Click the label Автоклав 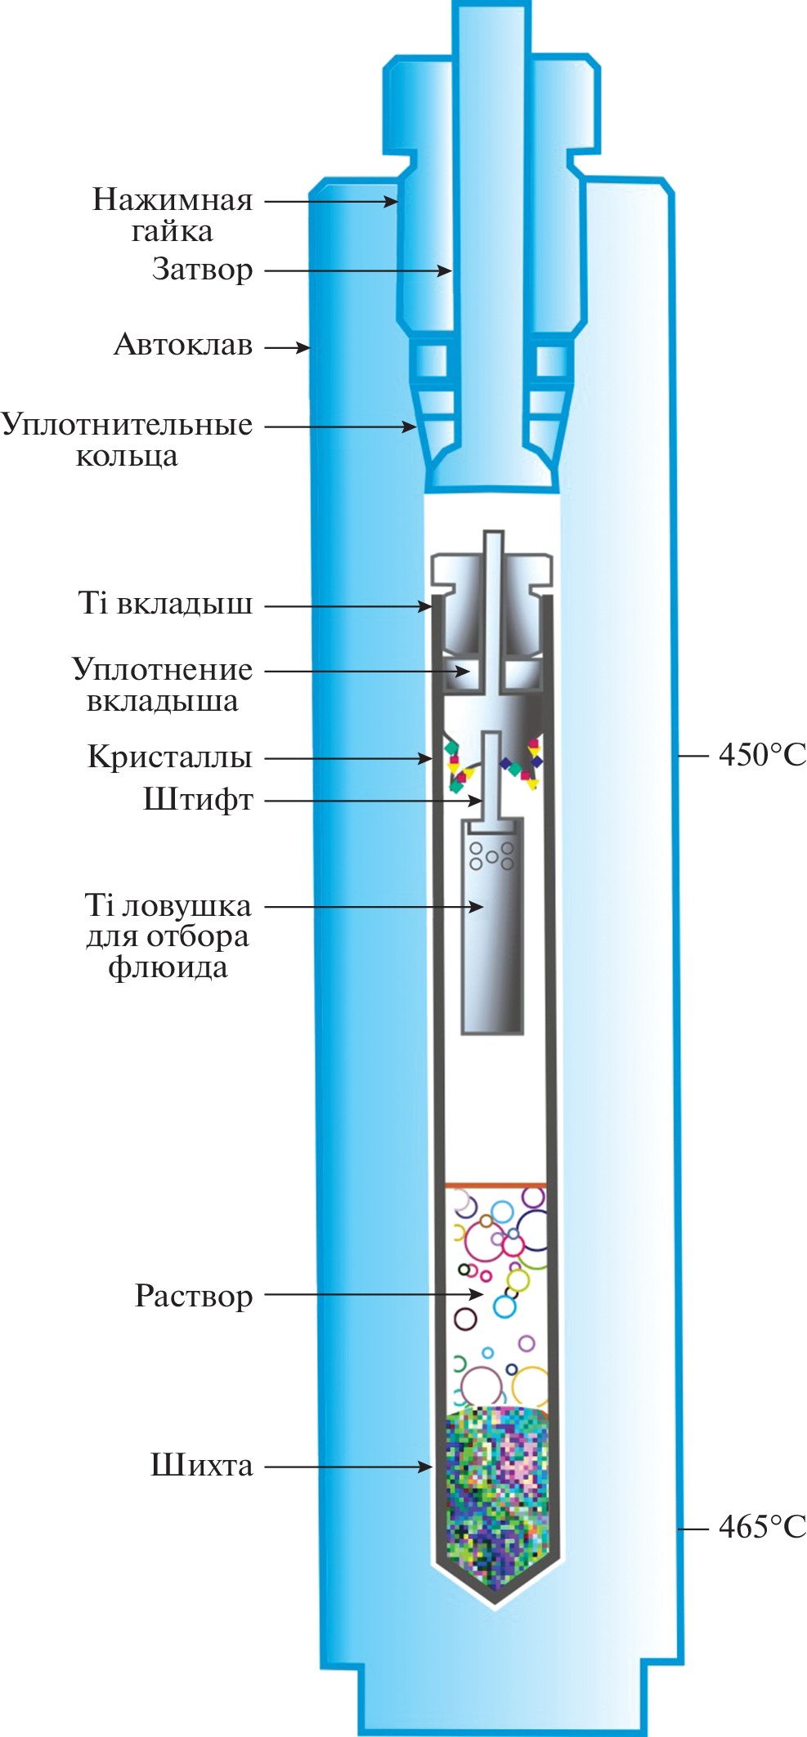point(183,346)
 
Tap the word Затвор point(202,270)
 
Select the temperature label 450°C point(761,755)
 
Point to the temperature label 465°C point(761,1527)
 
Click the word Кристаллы point(170,757)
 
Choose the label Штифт point(198,800)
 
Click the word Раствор point(194,1296)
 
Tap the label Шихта point(202,1465)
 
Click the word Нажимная point(173,200)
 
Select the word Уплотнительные point(127,425)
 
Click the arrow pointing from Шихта point(347,1467)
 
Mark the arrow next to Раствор point(373,1294)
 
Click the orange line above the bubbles point(495,1184)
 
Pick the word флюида point(168,968)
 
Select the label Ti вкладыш point(165,605)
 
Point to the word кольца point(127,456)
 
